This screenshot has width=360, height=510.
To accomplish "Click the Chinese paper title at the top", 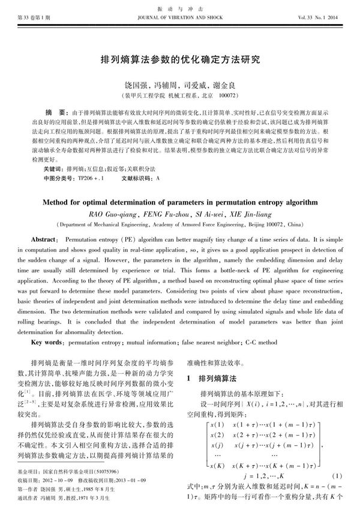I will point(180,61).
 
